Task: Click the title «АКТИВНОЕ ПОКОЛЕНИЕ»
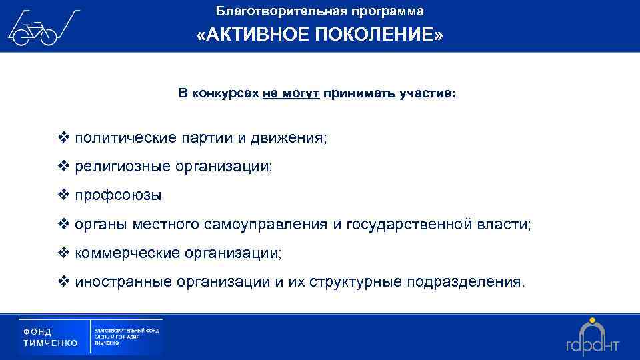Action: tap(320, 35)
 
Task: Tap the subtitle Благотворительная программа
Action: tap(320, 11)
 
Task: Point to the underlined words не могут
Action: tap(291, 94)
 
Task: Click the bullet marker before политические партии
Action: tap(64, 138)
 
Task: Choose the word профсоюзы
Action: tap(118, 196)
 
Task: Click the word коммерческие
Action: tap(127, 253)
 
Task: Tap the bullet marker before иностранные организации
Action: tap(64, 282)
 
